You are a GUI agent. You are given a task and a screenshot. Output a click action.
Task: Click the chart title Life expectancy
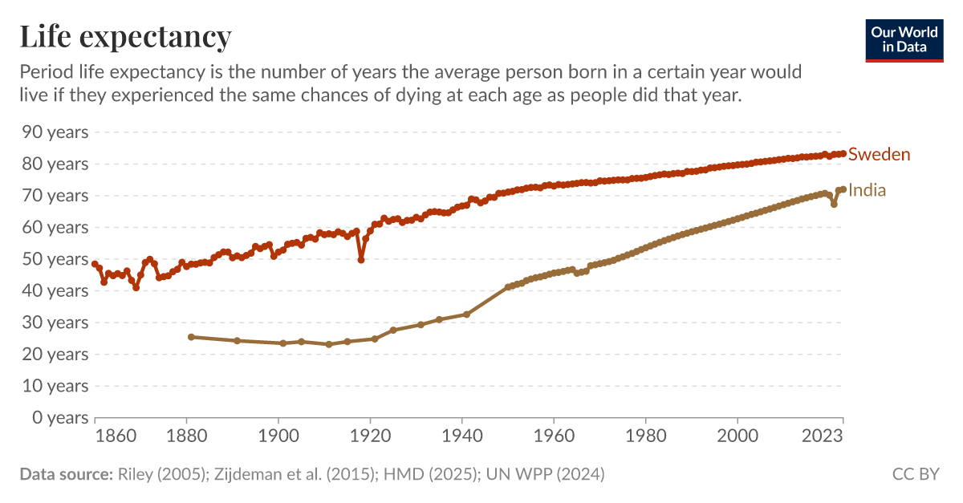point(125,36)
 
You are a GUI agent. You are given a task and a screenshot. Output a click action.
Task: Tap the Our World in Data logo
point(904,39)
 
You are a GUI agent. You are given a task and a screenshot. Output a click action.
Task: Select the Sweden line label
point(879,154)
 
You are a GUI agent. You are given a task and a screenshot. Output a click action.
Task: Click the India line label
point(867,191)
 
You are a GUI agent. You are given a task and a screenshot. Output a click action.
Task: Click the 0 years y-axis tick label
point(57,417)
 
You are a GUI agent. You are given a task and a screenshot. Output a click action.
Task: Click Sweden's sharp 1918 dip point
point(361,260)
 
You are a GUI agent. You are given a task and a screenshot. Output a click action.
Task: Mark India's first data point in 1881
point(191,337)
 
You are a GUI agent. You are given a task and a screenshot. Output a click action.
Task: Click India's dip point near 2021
point(834,204)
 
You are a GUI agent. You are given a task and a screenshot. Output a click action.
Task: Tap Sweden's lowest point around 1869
point(136,287)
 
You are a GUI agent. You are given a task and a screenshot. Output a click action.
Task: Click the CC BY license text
point(916,474)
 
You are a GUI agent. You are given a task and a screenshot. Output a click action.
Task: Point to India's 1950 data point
point(508,286)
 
